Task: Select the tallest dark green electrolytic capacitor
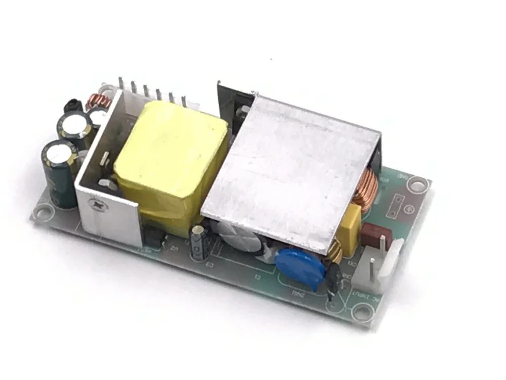pos(60,172)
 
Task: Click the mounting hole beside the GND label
pos(418,184)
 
